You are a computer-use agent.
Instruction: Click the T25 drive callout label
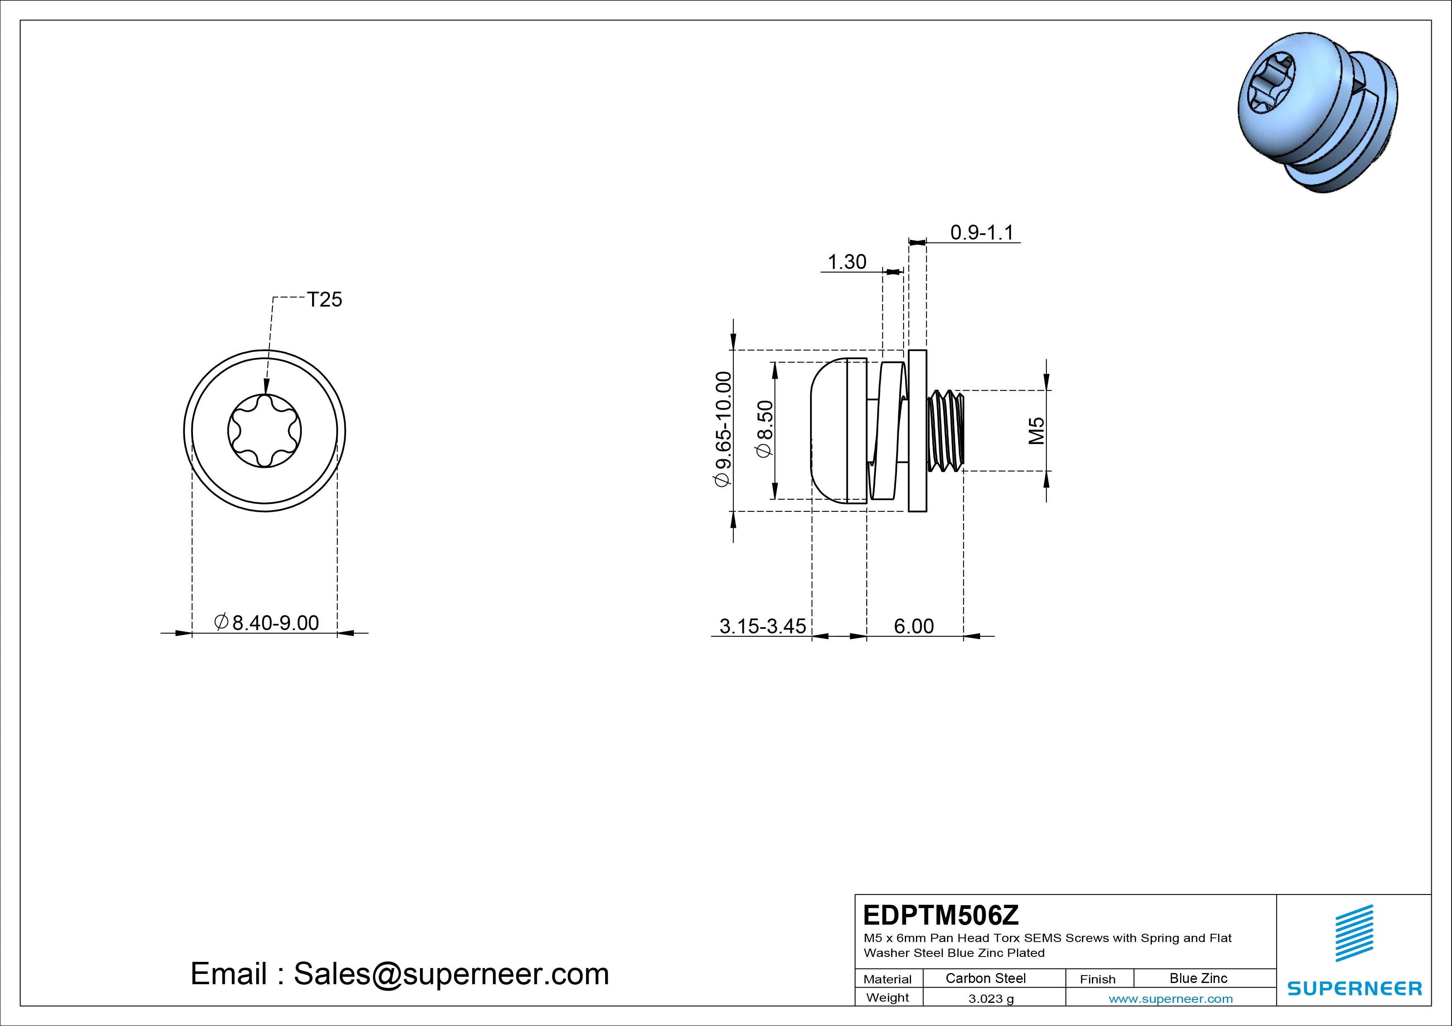point(325,299)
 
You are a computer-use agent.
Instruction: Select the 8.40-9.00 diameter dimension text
point(267,623)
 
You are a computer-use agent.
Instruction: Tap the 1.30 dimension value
point(847,262)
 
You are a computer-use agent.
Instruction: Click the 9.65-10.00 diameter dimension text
point(723,429)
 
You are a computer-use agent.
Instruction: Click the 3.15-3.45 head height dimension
point(763,626)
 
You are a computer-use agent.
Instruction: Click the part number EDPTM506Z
point(941,915)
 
